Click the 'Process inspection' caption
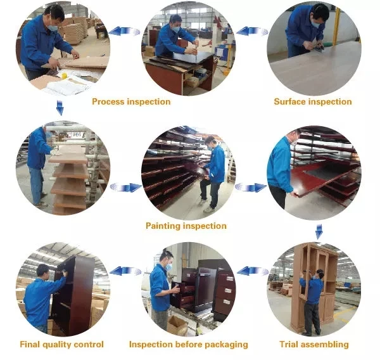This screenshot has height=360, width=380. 131,101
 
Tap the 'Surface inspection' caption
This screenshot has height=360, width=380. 313,101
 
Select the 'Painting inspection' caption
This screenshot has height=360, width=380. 186,226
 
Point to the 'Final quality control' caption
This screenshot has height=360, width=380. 62,345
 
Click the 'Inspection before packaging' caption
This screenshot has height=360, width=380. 189,345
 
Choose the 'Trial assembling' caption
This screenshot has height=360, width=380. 314,345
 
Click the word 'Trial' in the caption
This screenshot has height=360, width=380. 290,344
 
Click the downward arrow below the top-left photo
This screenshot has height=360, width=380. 60,108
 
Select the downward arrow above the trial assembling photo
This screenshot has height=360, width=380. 319,231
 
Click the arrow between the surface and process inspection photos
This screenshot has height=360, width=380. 252,31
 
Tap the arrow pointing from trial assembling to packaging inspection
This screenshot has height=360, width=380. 253,271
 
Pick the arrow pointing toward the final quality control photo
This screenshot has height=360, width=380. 125,271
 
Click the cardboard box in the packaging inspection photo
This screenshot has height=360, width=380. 177,325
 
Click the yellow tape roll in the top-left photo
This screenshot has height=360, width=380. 64,75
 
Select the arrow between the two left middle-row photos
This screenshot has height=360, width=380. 126,187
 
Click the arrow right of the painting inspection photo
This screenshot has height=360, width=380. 251,187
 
